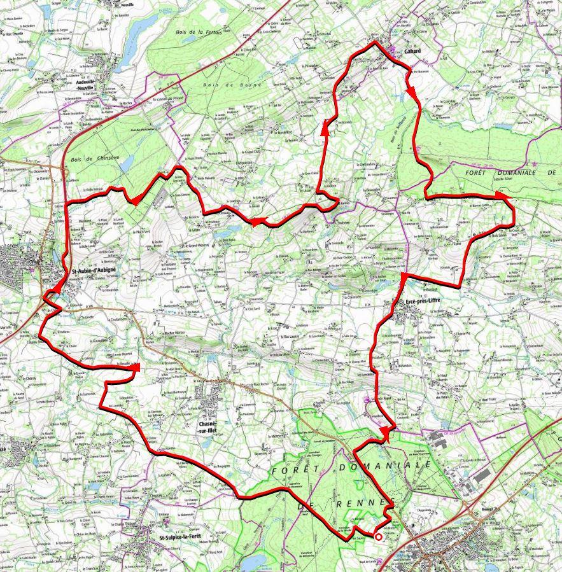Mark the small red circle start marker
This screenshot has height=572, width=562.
379,537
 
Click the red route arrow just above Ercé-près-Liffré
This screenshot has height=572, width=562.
404,278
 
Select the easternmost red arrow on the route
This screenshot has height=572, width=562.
507,199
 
